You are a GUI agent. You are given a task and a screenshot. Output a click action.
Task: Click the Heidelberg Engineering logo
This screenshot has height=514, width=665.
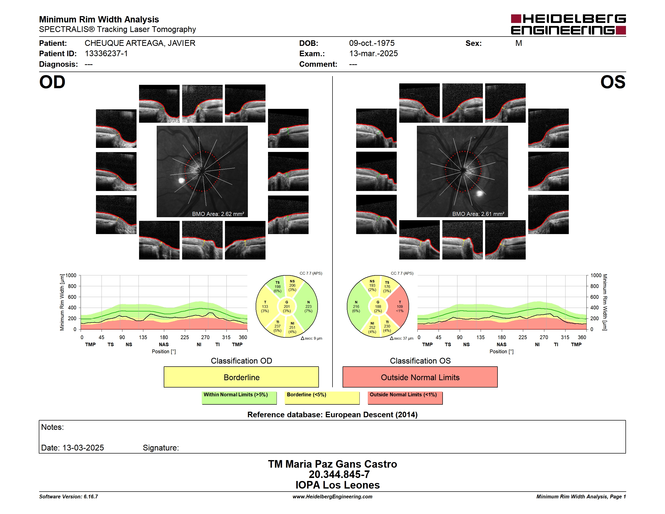(x=568, y=24)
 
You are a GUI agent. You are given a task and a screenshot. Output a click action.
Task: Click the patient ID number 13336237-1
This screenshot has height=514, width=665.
(x=106, y=54)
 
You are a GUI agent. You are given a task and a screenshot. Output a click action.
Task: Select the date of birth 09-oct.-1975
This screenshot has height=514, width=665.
(x=372, y=43)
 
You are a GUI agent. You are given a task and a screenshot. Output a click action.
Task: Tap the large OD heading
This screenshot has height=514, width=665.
(x=52, y=82)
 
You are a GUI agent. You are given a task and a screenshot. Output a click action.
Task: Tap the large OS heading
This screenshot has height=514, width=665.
(x=613, y=82)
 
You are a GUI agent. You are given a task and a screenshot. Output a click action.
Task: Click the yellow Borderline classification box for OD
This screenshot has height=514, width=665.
(x=241, y=377)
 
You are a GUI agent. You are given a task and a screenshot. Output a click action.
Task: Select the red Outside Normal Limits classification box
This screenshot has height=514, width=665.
(x=420, y=377)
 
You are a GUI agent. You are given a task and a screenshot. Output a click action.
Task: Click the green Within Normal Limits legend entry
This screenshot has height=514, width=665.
(x=239, y=398)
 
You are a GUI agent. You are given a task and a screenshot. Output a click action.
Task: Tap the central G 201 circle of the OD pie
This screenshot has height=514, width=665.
(x=286, y=306)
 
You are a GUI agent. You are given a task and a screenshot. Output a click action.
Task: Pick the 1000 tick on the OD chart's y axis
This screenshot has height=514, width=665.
(x=71, y=275)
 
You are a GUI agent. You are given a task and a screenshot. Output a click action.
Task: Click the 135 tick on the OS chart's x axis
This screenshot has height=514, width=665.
(x=480, y=337)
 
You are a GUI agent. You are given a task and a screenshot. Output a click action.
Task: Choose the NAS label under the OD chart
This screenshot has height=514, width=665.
(x=164, y=344)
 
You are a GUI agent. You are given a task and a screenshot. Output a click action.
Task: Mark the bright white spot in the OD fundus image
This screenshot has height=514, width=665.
(x=181, y=181)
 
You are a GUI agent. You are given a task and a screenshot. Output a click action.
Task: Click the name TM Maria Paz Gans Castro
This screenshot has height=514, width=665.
(x=332, y=464)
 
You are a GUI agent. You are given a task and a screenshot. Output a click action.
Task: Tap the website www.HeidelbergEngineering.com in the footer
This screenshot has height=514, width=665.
(x=332, y=497)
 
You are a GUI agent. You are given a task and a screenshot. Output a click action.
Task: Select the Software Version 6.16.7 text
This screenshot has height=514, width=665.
(x=69, y=497)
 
